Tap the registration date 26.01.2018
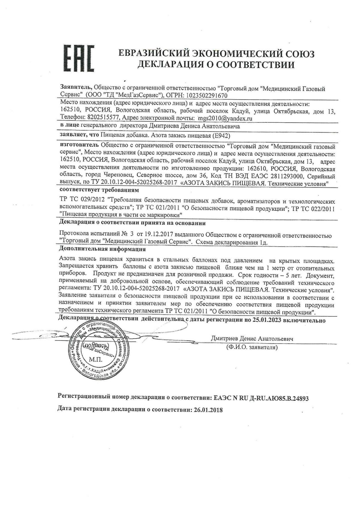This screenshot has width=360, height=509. (x=207, y=410)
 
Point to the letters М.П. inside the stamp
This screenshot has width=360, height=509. (x=96, y=359)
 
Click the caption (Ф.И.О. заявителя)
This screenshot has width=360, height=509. (x=252, y=348)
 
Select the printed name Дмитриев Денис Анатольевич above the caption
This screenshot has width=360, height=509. (x=252, y=339)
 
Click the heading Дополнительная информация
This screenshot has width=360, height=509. (x=102, y=249)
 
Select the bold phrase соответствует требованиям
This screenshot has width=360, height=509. (x=99, y=190)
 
